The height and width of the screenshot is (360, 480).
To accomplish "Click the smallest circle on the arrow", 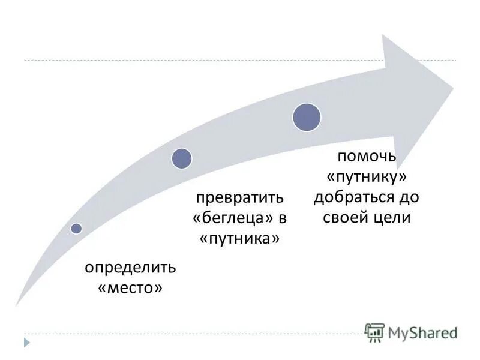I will (x=76, y=228).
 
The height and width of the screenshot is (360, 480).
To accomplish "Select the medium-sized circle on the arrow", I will (x=182, y=158).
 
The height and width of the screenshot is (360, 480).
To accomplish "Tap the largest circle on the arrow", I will (x=307, y=117).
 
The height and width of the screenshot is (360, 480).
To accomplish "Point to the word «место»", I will (x=130, y=288).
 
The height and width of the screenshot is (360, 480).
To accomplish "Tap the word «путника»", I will (x=240, y=238).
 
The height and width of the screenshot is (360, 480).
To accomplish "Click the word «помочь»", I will (x=367, y=157).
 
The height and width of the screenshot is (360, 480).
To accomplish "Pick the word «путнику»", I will (x=367, y=177).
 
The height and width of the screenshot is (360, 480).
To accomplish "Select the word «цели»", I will (x=392, y=218).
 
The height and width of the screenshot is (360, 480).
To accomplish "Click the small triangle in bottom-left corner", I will (x=26, y=343).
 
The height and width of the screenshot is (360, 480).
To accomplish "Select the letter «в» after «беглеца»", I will (x=280, y=218).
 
